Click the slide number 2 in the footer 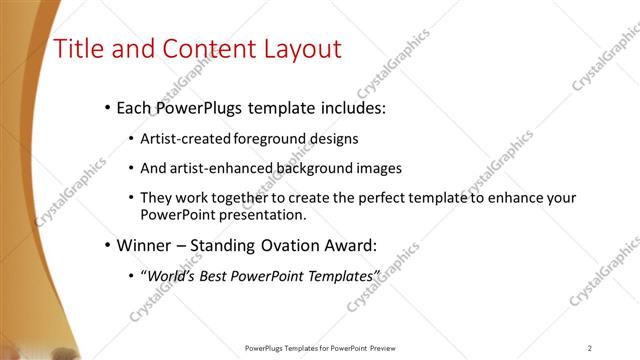[590, 348]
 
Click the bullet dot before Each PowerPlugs [107, 107]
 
